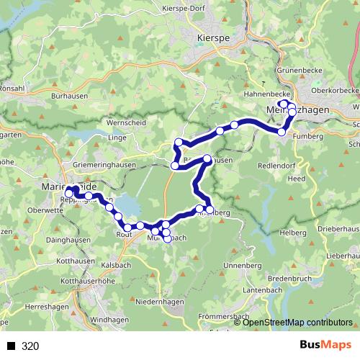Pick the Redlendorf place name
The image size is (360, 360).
coord(276,165)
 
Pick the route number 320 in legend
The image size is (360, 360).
coord(30,346)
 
